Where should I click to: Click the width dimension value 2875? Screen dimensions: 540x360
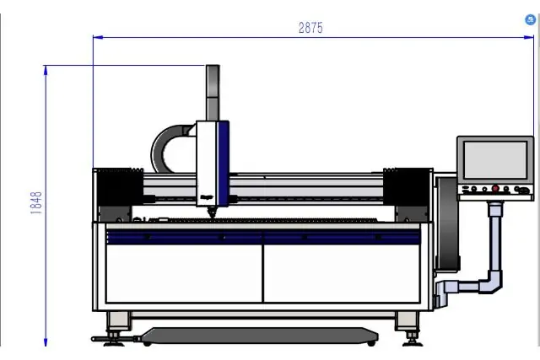310,28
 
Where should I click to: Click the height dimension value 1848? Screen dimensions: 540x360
36,203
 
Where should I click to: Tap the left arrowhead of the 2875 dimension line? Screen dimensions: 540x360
98,37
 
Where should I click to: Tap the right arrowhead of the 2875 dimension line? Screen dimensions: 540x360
529,37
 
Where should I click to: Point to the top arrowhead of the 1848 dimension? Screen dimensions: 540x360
46,70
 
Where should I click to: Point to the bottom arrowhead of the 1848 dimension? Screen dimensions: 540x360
46,341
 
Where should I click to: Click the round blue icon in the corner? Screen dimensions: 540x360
531,20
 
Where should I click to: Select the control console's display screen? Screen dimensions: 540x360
495,160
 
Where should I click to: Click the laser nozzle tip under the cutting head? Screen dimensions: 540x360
212,212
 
